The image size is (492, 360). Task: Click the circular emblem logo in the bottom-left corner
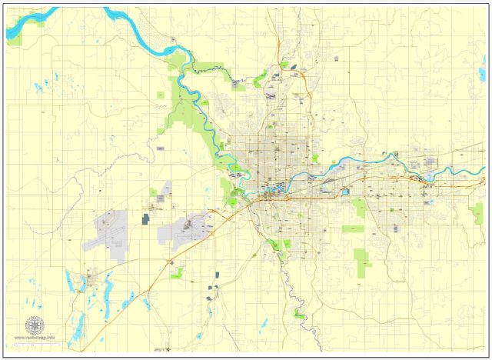(34, 324)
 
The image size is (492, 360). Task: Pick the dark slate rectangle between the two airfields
(145, 219)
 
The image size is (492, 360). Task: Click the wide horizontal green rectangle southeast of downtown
(353, 228)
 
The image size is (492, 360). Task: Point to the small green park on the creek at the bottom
(299, 312)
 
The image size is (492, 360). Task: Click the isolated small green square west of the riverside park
(161, 95)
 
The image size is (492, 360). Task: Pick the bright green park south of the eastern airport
(178, 272)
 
